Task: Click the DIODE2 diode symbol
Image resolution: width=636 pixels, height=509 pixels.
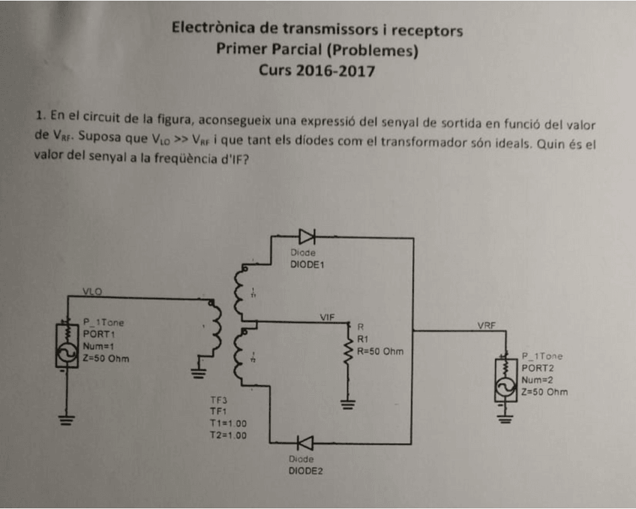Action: click(305, 444)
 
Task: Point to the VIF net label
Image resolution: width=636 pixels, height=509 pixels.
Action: click(327, 317)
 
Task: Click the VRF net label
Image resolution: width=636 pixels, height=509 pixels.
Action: click(487, 326)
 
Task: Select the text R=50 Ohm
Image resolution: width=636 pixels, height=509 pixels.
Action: click(380, 351)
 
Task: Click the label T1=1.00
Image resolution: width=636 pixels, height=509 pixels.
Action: click(227, 423)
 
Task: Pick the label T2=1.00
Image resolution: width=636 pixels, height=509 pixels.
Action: click(227, 434)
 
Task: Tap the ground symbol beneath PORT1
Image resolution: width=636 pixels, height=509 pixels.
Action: click(67, 420)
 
